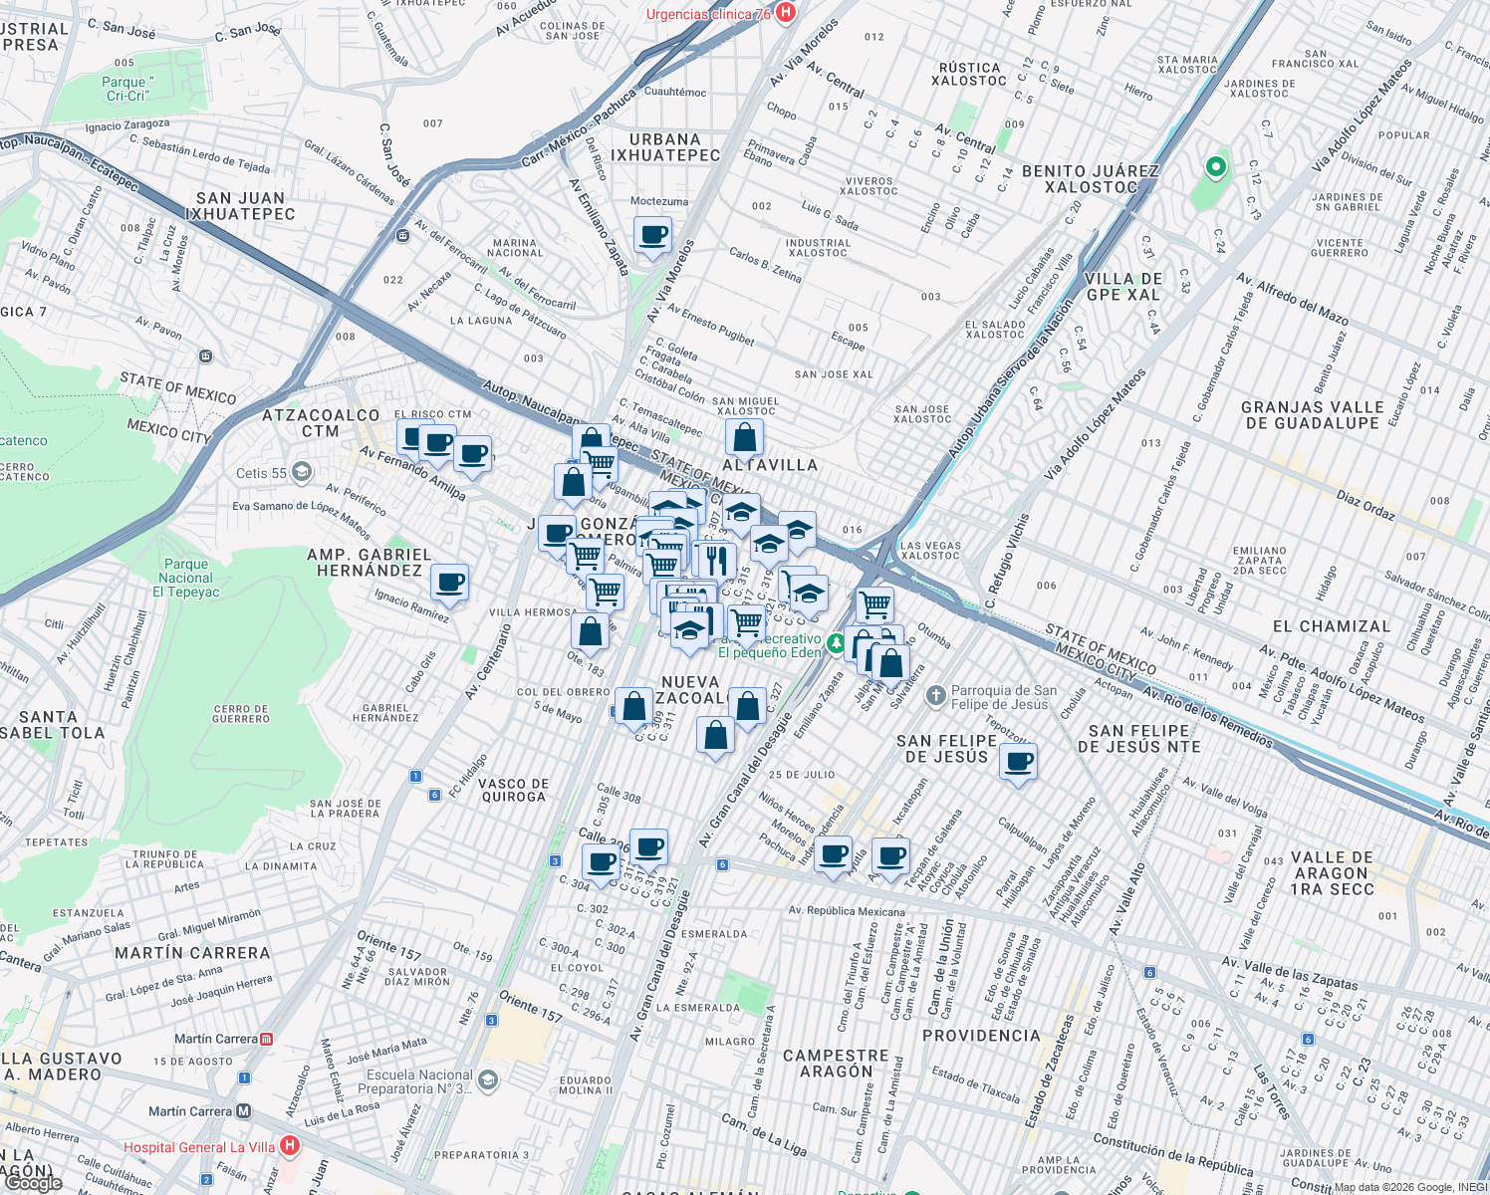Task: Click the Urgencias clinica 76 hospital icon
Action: (786, 13)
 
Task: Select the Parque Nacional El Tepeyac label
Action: (186, 578)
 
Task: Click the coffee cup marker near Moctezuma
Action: (652, 237)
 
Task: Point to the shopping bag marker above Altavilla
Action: (744, 437)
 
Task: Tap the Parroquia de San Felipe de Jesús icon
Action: (935, 696)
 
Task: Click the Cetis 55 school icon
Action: (302, 472)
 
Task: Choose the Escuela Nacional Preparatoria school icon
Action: (487, 1080)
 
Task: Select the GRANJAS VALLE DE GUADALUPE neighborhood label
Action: (1312, 415)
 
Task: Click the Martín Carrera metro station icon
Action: (244, 1110)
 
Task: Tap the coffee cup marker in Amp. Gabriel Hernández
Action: (449, 582)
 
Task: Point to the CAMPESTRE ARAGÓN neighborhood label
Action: (836, 1064)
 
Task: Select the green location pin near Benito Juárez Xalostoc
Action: (1215, 166)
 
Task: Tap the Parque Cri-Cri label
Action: (127, 89)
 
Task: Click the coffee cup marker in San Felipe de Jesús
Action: (1018, 763)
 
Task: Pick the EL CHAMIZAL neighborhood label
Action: (1331, 626)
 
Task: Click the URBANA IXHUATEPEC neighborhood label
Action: (664, 147)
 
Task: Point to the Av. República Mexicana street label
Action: (847, 911)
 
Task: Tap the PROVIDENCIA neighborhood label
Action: (981, 1036)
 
